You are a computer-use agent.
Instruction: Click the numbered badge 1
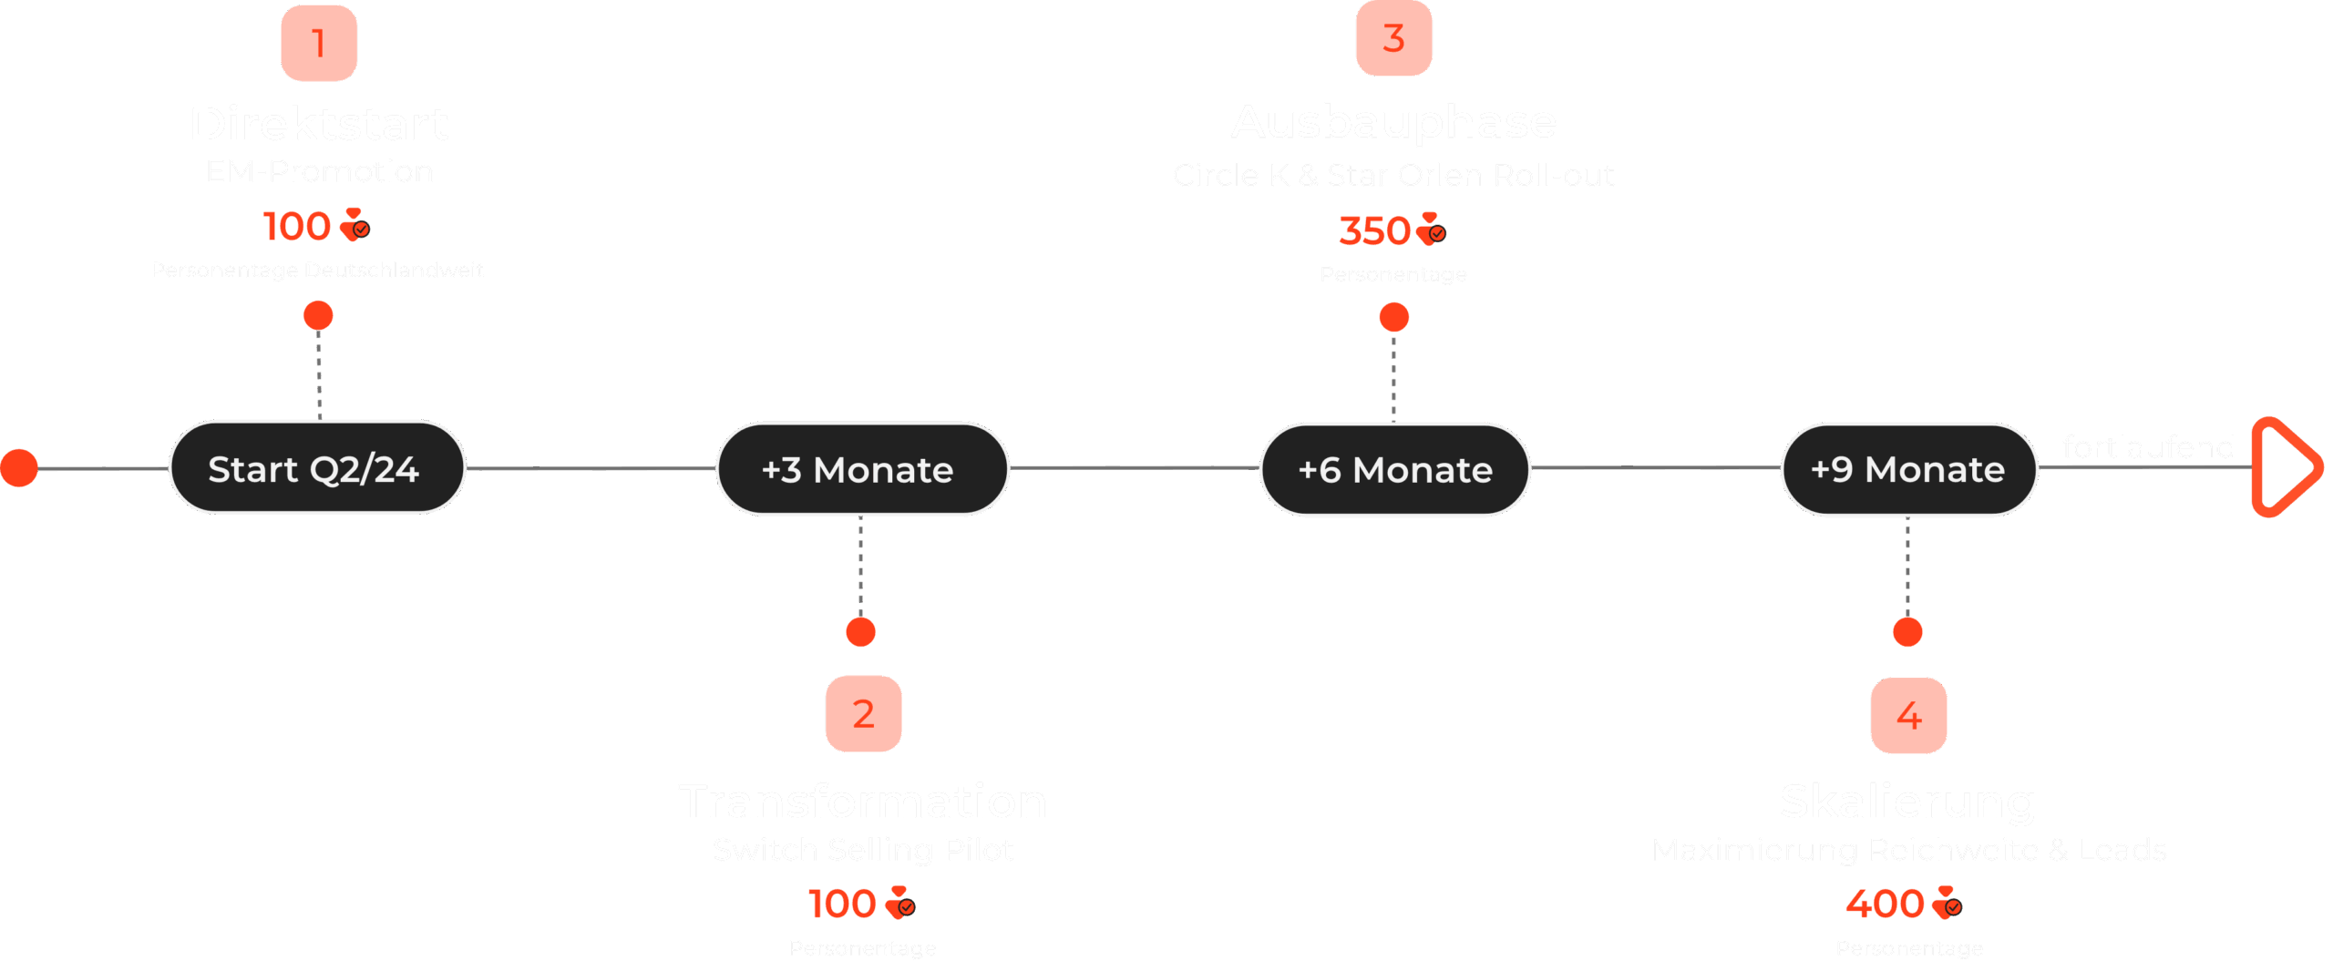point(319,43)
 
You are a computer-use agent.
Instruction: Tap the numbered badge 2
point(863,713)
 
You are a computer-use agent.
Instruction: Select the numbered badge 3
point(1393,38)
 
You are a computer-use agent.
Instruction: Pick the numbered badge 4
point(1908,716)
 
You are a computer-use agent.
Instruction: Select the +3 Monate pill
point(861,470)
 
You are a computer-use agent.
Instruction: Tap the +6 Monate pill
point(1394,470)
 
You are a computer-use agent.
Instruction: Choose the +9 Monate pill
point(1908,469)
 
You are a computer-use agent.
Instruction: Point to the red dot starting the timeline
point(19,468)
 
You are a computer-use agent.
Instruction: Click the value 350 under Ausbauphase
point(1374,231)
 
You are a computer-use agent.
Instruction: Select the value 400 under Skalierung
point(1885,904)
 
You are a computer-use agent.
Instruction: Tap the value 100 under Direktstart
point(297,226)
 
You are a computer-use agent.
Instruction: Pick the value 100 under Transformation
point(842,904)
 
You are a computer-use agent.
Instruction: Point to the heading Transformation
point(863,802)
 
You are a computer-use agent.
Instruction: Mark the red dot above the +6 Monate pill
point(1394,317)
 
